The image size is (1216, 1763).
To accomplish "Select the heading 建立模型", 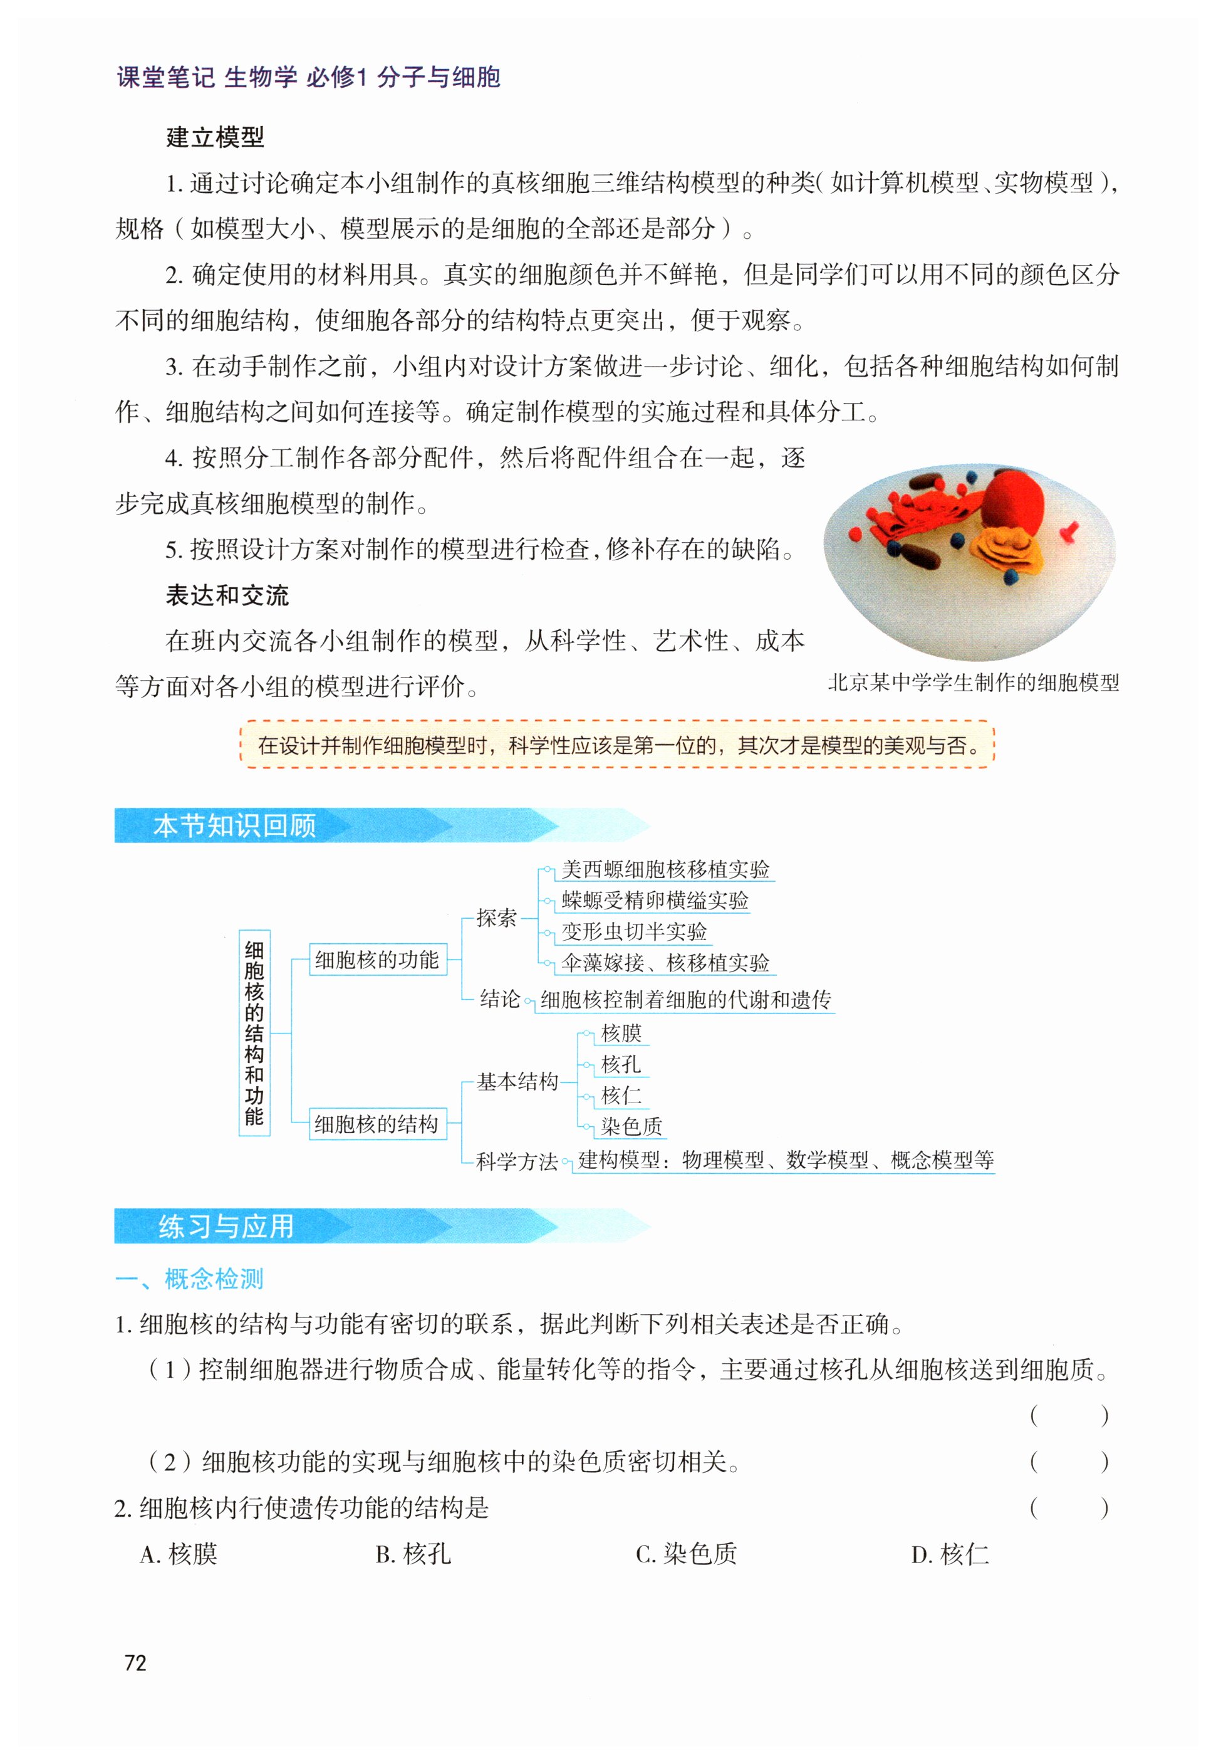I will (x=215, y=137).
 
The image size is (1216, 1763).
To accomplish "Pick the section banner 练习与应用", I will (x=226, y=1227).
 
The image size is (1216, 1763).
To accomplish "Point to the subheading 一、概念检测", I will (x=189, y=1279).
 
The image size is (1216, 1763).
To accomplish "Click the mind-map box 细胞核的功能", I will (x=377, y=960).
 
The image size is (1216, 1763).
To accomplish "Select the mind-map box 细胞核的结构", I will (x=377, y=1124).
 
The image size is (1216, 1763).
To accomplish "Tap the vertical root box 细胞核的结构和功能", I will (x=254, y=1033).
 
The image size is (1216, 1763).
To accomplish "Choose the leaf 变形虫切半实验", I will (x=634, y=931).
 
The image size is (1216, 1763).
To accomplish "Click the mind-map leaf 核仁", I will (x=621, y=1096).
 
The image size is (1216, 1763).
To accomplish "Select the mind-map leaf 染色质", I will (x=631, y=1126).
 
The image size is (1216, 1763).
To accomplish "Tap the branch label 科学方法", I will (x=517, y=1161).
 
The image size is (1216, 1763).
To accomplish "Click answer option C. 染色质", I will (x=686, y=1554).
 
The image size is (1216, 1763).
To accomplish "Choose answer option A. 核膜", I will (x=179, y=1554).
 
